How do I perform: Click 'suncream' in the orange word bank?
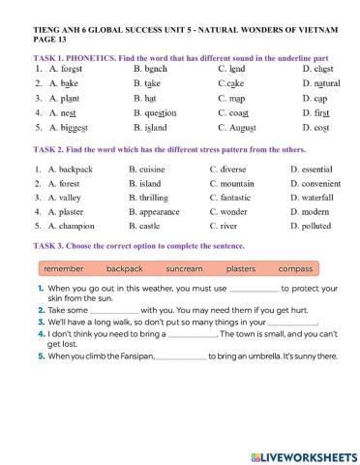(184, 267)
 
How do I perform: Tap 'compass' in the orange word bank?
(295, 267)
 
